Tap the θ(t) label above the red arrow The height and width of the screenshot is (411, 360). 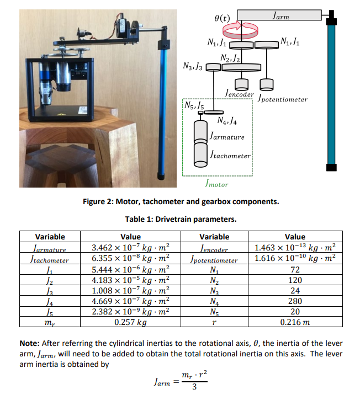(x=221, y=18)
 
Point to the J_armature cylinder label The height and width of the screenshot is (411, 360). (x=227, y=136)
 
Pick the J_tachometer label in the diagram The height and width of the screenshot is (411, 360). (x=231, y=156)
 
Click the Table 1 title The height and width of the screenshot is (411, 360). (x=180, y=220)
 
